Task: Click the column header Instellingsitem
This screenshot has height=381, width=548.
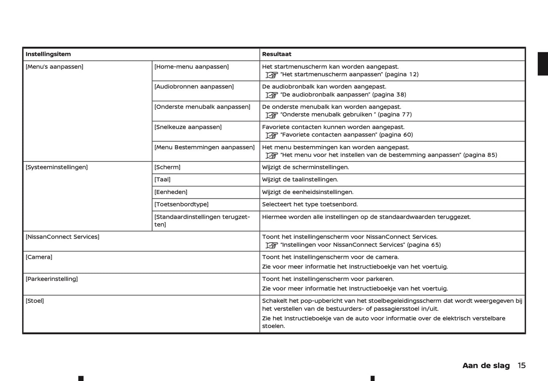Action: pos(48,54)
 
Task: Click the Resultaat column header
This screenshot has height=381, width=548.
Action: pos(276,54)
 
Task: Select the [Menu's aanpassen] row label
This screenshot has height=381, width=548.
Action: pos(54,67)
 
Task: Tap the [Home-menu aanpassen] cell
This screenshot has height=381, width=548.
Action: pos(192,67)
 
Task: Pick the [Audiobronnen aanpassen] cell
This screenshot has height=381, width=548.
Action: pos(194,87)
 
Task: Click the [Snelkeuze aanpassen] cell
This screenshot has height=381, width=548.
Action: pos(188,127)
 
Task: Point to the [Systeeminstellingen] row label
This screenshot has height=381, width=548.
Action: pos(57,167)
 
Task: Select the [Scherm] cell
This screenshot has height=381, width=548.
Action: pos(167,167)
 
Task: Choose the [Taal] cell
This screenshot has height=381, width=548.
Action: pos(162,179)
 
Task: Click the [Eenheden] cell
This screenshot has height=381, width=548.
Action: pos(171,192)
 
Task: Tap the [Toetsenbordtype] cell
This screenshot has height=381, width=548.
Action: pos(181,205)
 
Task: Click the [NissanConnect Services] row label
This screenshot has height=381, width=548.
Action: pos(62,237)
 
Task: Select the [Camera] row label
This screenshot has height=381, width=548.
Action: pos(39,257)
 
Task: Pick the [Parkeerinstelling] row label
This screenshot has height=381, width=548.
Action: pos(52,279)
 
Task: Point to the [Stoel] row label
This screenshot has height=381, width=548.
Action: pos(35,301)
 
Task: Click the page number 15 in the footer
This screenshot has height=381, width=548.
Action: pos(521,365)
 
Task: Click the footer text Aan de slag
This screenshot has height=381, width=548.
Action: pos(486,365)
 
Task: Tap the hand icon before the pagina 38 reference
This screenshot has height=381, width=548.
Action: pos(272,95)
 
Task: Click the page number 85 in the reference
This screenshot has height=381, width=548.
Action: pos(492,155)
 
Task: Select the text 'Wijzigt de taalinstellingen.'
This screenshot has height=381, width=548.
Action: pos(300,179)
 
